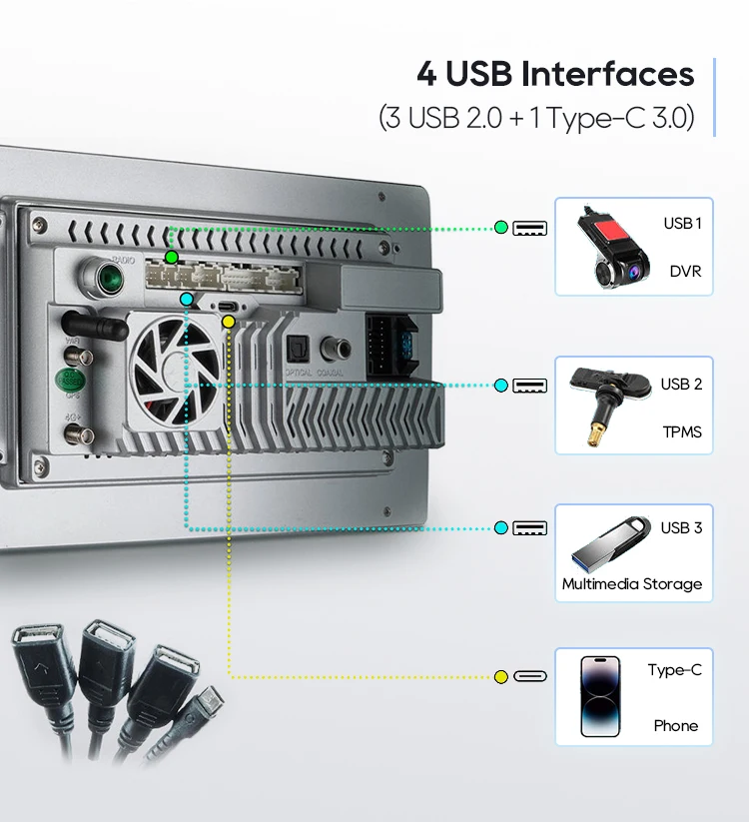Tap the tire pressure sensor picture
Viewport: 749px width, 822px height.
(602, 405)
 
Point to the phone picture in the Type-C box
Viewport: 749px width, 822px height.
(600, 697)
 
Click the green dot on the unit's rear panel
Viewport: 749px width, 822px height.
(172, 258)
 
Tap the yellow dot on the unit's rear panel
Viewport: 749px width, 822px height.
(229, 322)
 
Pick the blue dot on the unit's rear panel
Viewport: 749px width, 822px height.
(187, 299)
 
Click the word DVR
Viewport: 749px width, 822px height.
(685, 271)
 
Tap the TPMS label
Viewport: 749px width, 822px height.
(682, 432)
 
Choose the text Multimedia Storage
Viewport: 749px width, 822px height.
(631, 584)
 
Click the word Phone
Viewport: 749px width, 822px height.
(676, 726)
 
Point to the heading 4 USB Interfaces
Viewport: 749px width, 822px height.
(555, 74)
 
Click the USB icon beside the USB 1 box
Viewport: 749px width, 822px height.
(529, 228)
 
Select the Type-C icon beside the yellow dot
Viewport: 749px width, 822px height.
(529, 677)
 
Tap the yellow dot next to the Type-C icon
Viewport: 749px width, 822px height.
(501, 677)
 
